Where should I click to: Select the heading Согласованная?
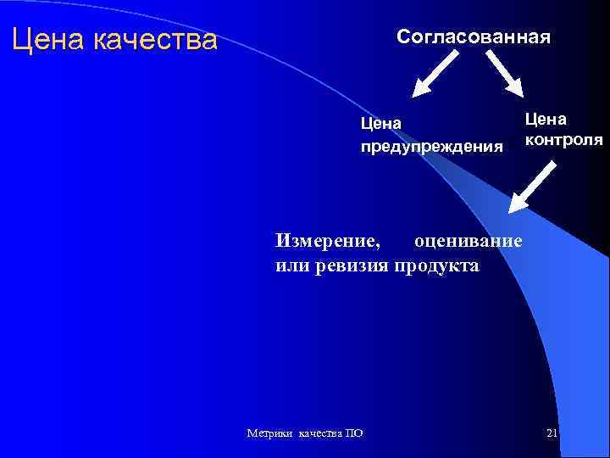(x=474, y=37)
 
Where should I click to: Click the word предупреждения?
(x=431, y=147)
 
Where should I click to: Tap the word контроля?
(x=563, y=139)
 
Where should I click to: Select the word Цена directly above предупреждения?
(x=380, y=124)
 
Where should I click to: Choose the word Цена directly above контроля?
(x=546, y=118)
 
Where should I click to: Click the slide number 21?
(x=552, y=433)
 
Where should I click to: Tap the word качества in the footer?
(x=318, y=433)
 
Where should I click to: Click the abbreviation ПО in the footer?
(x=355, y=433)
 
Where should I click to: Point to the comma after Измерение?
(x=378, y=245)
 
